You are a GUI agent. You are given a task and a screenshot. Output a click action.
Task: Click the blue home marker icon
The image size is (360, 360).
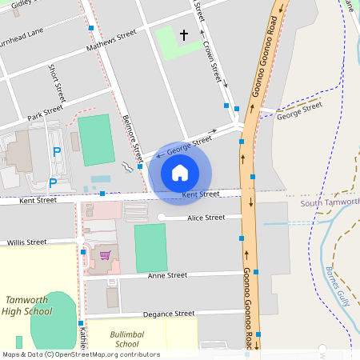pos(180,173)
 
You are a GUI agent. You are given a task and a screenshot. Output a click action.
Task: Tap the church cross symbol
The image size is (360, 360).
pos(184,35)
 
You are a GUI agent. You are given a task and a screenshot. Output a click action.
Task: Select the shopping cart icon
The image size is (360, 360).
pos(104,256)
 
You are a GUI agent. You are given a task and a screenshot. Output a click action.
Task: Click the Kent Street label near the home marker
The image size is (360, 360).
pos(200,194)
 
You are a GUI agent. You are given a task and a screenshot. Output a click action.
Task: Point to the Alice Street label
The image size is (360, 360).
pos(206,218)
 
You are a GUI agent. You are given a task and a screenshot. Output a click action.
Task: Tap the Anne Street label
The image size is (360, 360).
pos(167,275)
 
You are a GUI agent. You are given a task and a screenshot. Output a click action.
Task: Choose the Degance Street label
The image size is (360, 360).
pos(168,314)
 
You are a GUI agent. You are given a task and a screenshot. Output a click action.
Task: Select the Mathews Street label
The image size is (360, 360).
pos(115,37)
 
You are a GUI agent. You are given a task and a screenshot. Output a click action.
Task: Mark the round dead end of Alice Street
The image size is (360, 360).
pos(161,218)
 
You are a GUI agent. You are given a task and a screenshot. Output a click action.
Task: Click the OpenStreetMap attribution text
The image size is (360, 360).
pos(80,354)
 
